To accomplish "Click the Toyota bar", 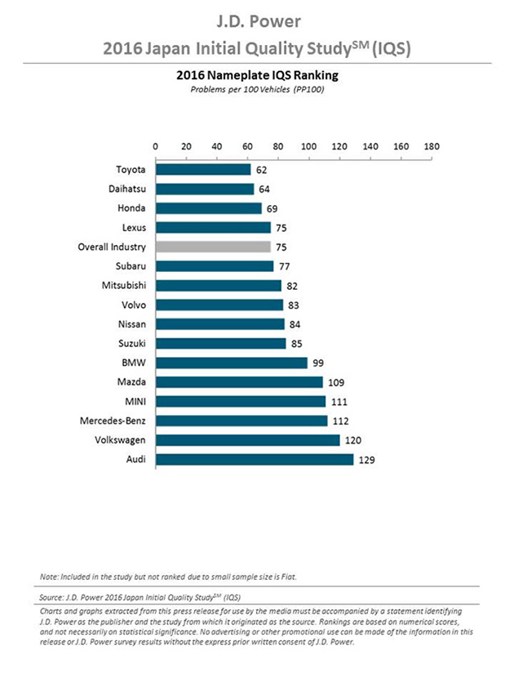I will click(203, 170).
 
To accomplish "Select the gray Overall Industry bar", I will click(213, 247).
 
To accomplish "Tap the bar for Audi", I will click(254, 460).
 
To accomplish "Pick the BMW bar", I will click(231, 363).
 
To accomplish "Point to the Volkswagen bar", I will click(247, 440).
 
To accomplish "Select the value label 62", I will click(261, 170).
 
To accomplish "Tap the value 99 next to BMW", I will click(318, 363).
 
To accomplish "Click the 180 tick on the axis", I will click(431, 146).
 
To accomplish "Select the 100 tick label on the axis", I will click(308, 146).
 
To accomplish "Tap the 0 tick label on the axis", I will click(156, 146).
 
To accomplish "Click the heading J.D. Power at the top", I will click(256, 19).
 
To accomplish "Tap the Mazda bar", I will click(239, 382).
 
